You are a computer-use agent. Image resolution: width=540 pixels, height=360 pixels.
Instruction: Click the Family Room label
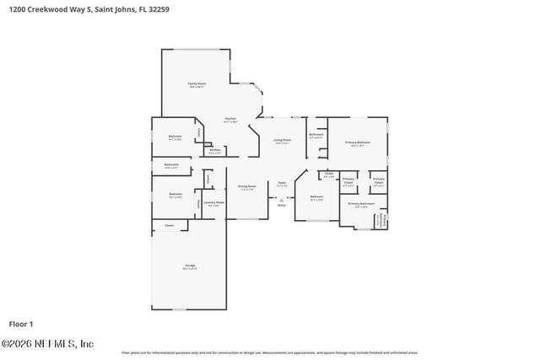pyautogui.click(x=197, y=84)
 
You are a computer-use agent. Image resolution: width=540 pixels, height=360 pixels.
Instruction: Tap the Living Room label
pyautogui.click(x=282, y=141)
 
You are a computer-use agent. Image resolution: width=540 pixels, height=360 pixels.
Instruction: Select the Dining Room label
pyautogui.click(x=246, y=187)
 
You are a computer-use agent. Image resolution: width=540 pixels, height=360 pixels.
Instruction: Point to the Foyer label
pyautogui.click(x=282, y=183)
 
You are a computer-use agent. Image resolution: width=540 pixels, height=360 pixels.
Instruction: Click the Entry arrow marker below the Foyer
pyautogui.click(x=282, y=201)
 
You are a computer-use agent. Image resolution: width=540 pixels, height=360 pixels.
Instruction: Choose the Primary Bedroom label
pyautogui.click(x=357, y=143)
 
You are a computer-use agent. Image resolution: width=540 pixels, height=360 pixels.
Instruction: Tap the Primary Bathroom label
pyautogui.click(x=360, y=204)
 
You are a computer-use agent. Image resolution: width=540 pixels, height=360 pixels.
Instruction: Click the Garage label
pyautogui.click(x=190, y=266)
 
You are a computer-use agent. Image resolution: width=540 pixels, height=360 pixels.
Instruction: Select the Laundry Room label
pyautogui.click(x=213, y=203)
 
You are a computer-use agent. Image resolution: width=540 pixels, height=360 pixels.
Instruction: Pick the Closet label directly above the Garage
pyautogui.click(x=170, y=226)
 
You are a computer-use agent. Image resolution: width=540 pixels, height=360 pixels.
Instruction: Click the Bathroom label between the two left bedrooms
pyautogui.click(x=171, y=165)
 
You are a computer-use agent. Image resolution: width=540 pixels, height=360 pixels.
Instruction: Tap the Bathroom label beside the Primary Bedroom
pyautogui.click(x=316, y=136)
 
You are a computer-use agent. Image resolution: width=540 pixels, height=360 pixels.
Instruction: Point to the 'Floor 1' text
pyautogui.click(x=21, y=324)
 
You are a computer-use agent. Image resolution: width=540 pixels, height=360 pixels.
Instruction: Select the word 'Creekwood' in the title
pyautogui.click(x=49, y=9)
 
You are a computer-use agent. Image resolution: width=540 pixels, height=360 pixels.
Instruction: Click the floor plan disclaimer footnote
pyautogui.click(x=270, y=352)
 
